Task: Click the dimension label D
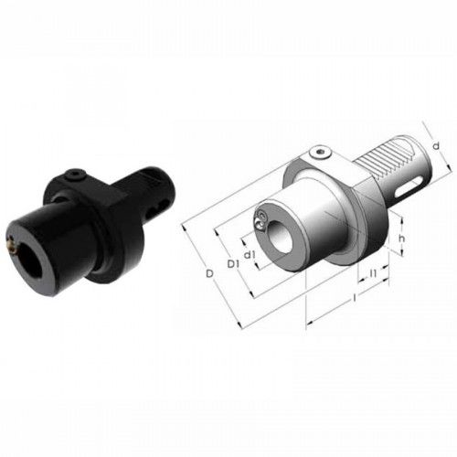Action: tap(209, 273)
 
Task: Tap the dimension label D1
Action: tap(233, 264)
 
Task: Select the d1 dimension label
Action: tap(250, 254)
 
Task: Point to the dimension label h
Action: tap(402, 238)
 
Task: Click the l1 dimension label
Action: tap(374, 273)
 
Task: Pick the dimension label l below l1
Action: tap(355, 298)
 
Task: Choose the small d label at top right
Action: tap(436, 146)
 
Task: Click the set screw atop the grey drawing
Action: tap(319, 152)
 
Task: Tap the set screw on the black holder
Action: tap(75, 175)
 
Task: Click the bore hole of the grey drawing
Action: tap(281, 237)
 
